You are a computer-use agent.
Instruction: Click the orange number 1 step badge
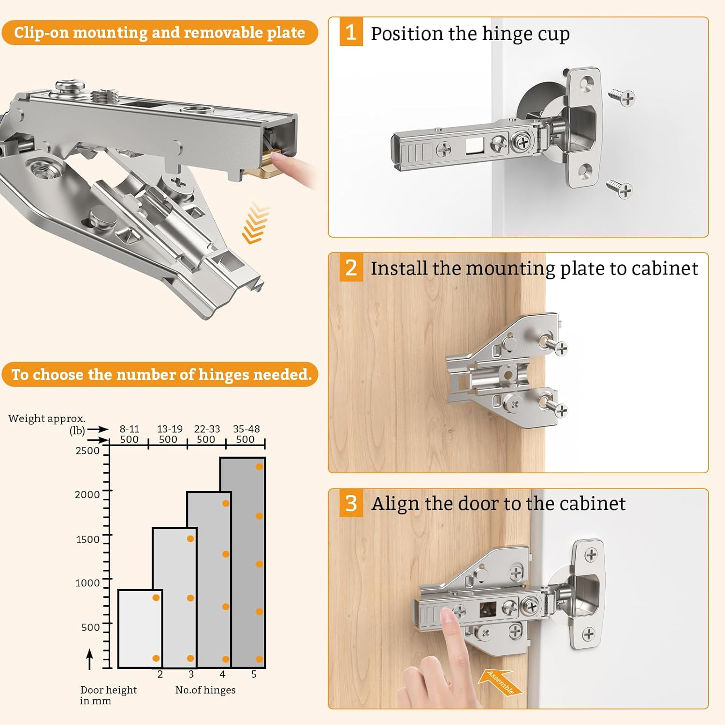[351, 32]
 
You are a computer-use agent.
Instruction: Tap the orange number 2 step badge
[351, 268]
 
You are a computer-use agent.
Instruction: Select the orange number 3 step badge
[351, 504]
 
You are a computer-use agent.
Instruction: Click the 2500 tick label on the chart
[87, 450]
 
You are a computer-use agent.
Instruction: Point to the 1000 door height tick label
[87, 583]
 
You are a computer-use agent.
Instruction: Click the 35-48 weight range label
[246, 429]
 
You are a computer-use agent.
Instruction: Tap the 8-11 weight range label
[130, 429]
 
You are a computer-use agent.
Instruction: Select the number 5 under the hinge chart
[254, 674]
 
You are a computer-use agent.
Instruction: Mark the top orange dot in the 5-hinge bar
[260, 466]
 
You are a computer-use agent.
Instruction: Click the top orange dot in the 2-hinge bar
[156, 598]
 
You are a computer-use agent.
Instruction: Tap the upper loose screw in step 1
[622, 96]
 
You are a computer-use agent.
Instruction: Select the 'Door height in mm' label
[108, 695]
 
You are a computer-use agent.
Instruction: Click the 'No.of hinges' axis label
[205, 690]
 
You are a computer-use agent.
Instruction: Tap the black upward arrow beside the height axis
[89, 659]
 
